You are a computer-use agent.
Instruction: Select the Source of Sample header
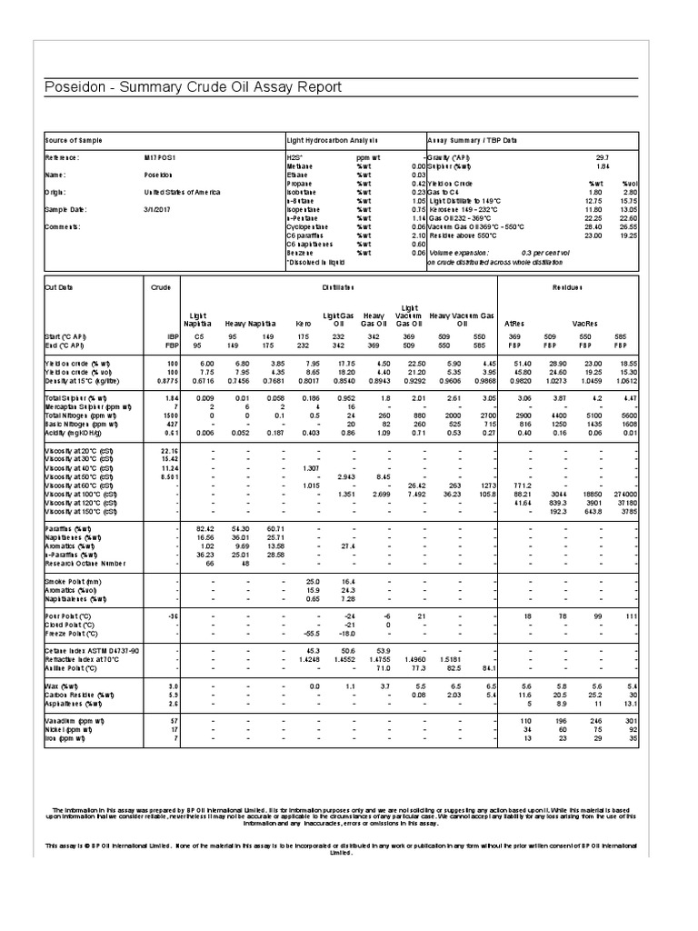pyautogui.click(x=74, y=141)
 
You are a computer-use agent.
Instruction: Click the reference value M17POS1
pyautogui.click(x=161, y=157)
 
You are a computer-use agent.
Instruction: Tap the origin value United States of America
pyautogui.click(x=183, y=193)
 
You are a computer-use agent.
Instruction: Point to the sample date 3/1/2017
pyautogui.click(x=157, y=210)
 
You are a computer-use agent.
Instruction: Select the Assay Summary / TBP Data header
pyautogui.click(x=475, y=141)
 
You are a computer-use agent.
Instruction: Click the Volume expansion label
pyautogui.click(x=458, y=252)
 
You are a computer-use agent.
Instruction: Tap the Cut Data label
pyautogui.click(x=60, y=286)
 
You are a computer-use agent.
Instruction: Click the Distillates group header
pyautogui.click(x=338, y=286)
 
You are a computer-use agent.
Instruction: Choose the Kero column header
pyautogui.click(x=304, y=323)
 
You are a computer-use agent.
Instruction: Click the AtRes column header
pyautogui.click(x=514, y=323)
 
